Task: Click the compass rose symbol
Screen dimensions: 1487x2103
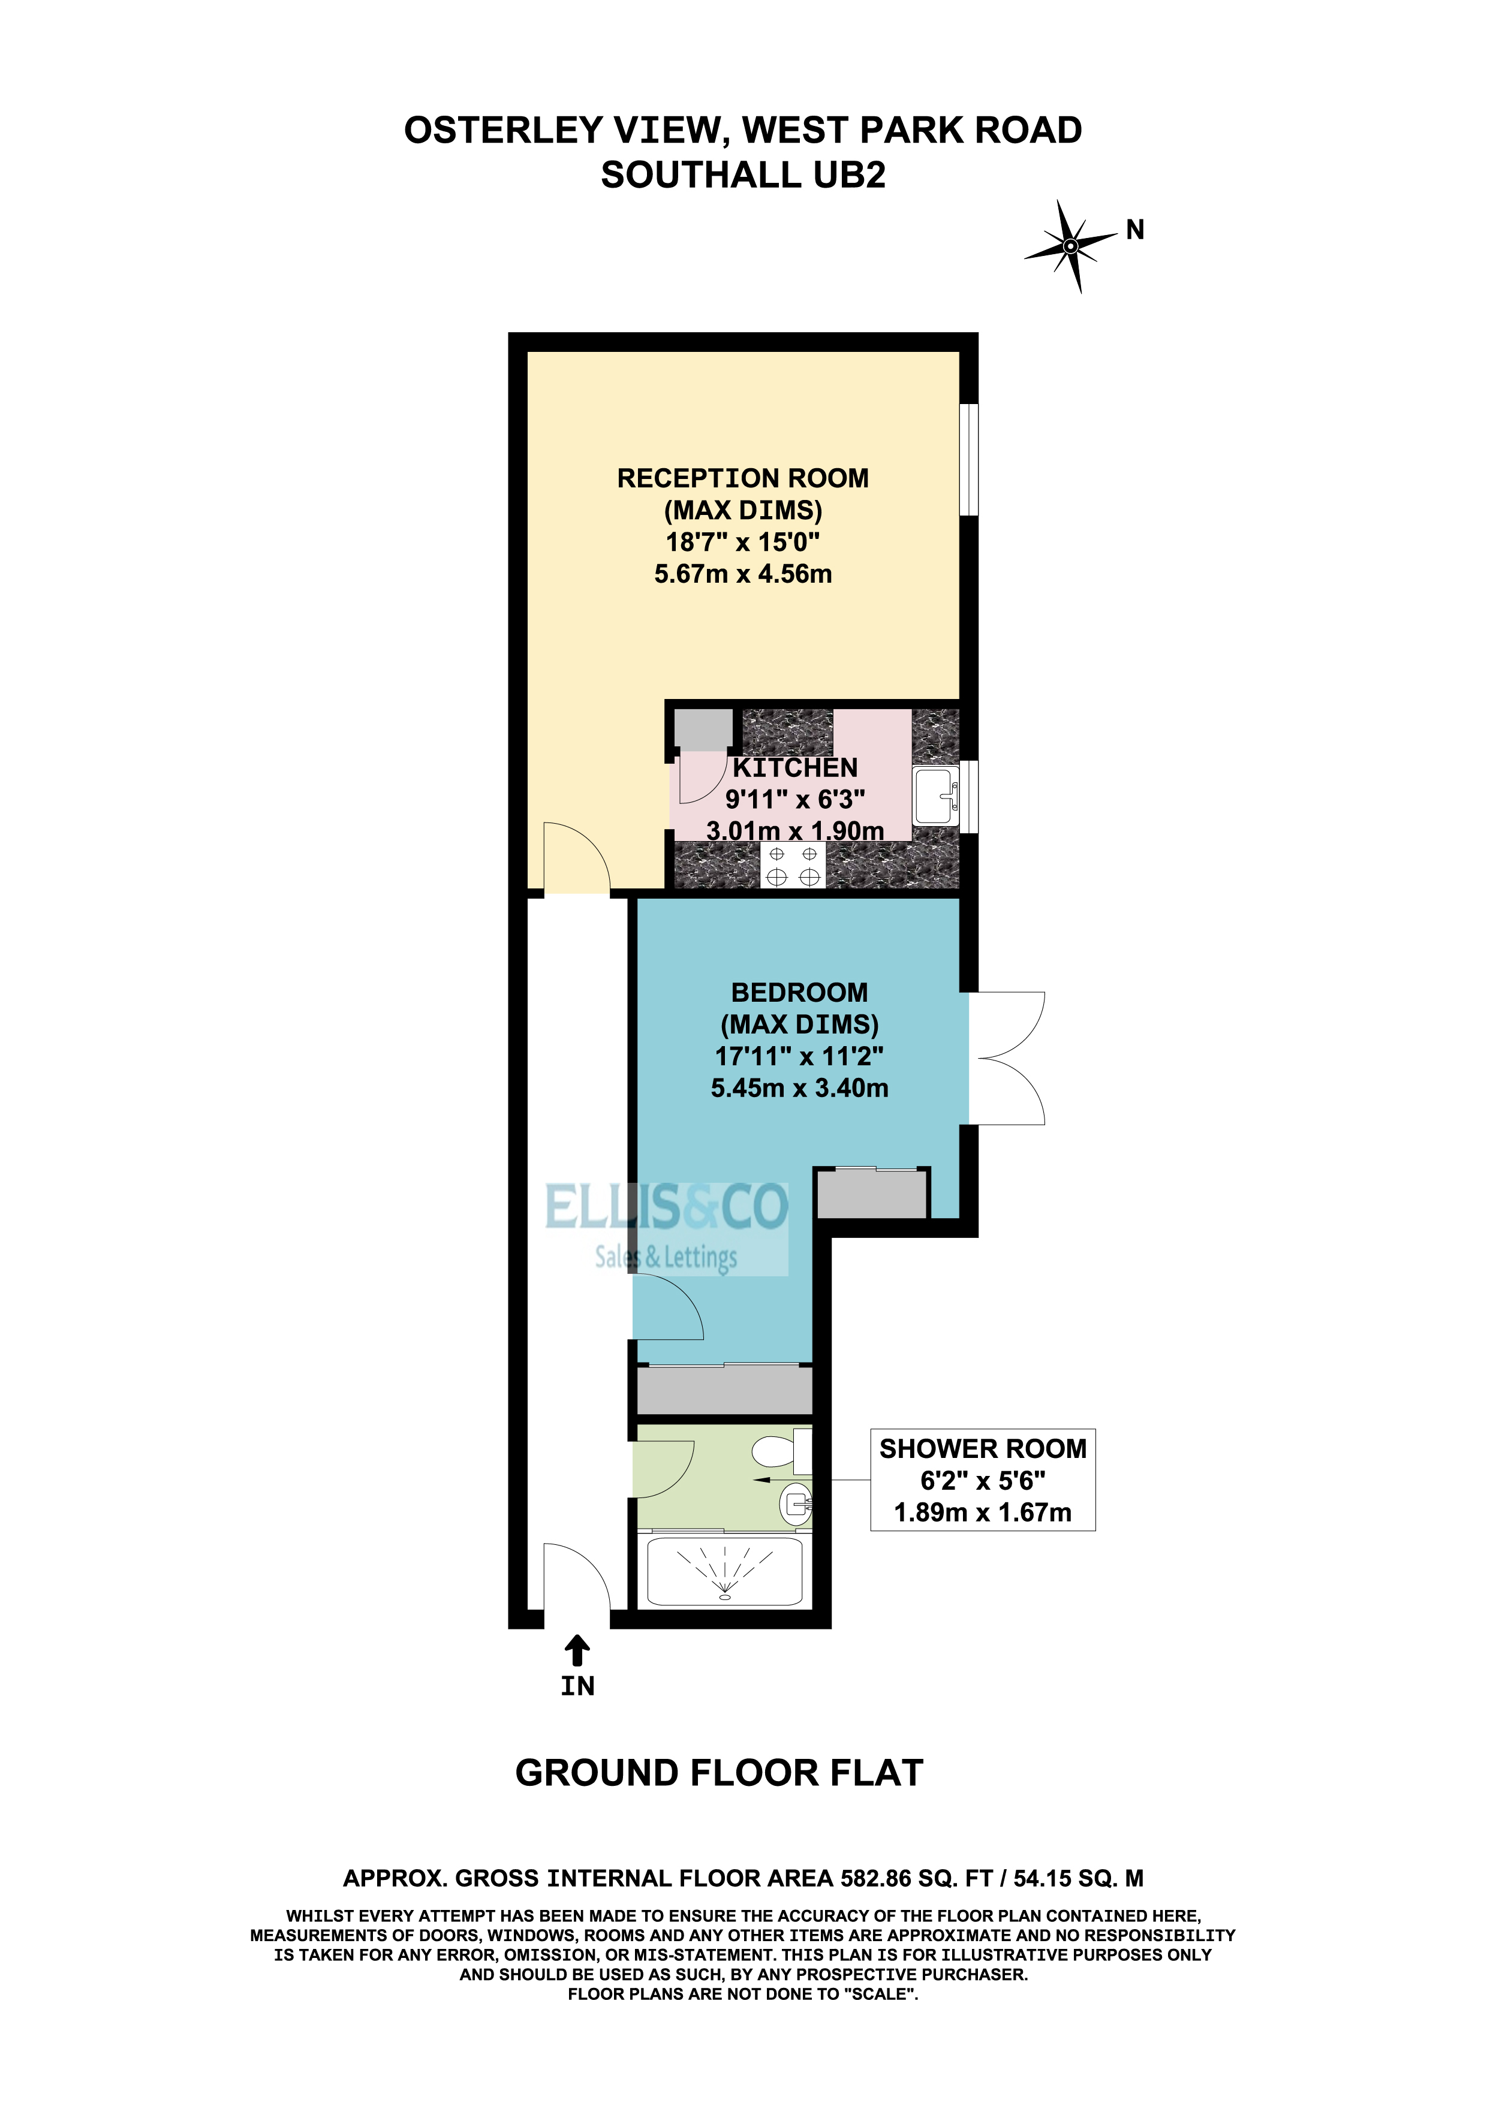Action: tap(1070, 245)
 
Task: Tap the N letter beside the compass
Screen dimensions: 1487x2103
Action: tap(1135, 230)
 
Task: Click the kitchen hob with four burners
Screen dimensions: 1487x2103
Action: tap(793, 864)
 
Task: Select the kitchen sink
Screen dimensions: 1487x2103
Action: tap(935, 797)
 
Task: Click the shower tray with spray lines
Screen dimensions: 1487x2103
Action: tap(725, 1572)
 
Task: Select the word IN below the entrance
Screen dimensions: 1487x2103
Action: tap(577, 1686)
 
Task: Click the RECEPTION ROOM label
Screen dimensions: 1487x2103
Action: tap(743, 478)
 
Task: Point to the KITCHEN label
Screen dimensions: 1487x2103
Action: tap(795, 767)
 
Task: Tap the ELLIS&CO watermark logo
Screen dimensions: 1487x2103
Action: tap(666, 1227)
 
